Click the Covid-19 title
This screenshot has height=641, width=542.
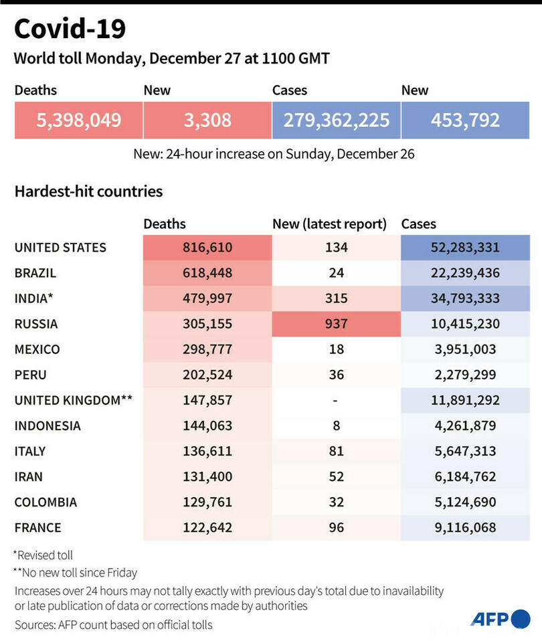point(70,29)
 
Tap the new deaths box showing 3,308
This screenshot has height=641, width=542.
point(207,120)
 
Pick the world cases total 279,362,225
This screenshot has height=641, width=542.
point(336,120)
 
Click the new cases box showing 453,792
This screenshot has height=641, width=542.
point(465,120)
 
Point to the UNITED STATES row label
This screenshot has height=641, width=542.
point(60,248)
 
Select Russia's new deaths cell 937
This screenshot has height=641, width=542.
point(336,324)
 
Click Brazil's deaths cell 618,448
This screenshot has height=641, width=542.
point(207,273)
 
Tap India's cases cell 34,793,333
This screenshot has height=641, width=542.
point(465,298)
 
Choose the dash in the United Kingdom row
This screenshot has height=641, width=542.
point(336,400)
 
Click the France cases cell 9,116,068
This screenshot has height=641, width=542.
point(465,527)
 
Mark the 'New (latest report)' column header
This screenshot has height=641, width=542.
point(329,224)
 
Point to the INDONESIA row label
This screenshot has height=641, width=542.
point(48,426)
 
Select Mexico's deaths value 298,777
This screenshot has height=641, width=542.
point(207,349)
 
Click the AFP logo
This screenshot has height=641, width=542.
point(500,619)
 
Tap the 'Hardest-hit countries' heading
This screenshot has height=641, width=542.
point(88,191)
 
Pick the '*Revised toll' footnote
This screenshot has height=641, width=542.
point(43,555)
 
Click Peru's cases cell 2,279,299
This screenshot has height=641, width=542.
point(465,375)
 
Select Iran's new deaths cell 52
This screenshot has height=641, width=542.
point(336,476)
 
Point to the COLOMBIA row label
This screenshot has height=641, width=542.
point(46,502)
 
